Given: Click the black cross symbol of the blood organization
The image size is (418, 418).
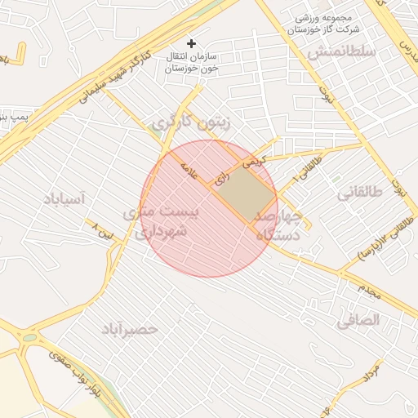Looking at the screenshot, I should click(191, 42).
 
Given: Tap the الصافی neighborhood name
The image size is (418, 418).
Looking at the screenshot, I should click(358, 320).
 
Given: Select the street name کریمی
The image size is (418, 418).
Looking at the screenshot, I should click(253, 161).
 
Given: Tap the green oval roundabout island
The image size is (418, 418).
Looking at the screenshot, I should click(29, 336).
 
